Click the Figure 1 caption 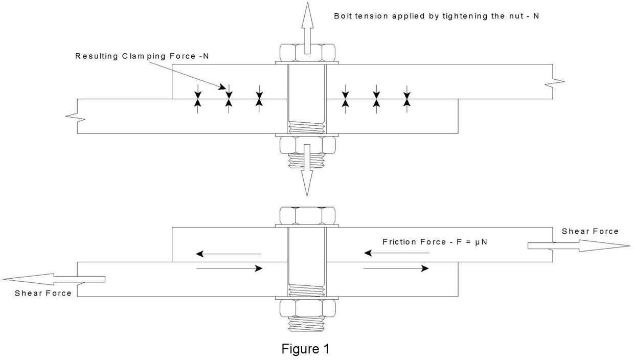[x=305, y=349]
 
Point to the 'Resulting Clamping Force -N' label [x=142, y=56]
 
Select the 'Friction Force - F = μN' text [x=435, y=242]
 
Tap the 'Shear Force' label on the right [x=590, y=232]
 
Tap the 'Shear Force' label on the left [x=43, y=293]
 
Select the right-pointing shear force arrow [x=578, y=246]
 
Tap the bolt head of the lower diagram [x=307, y=216]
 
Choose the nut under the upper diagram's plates [x=307, y=145]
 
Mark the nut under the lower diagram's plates [x=307, y=308]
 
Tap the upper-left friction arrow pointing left [x=229, y=254]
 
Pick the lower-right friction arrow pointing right [x=396, y=268]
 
